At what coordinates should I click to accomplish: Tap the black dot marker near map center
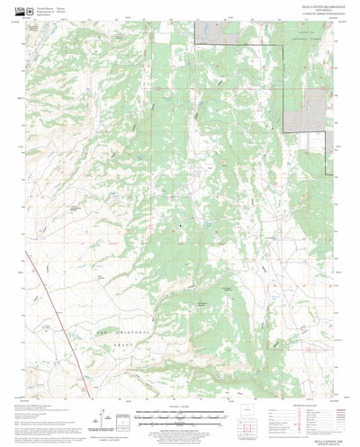pyautogui.click(x=180, y=224)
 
